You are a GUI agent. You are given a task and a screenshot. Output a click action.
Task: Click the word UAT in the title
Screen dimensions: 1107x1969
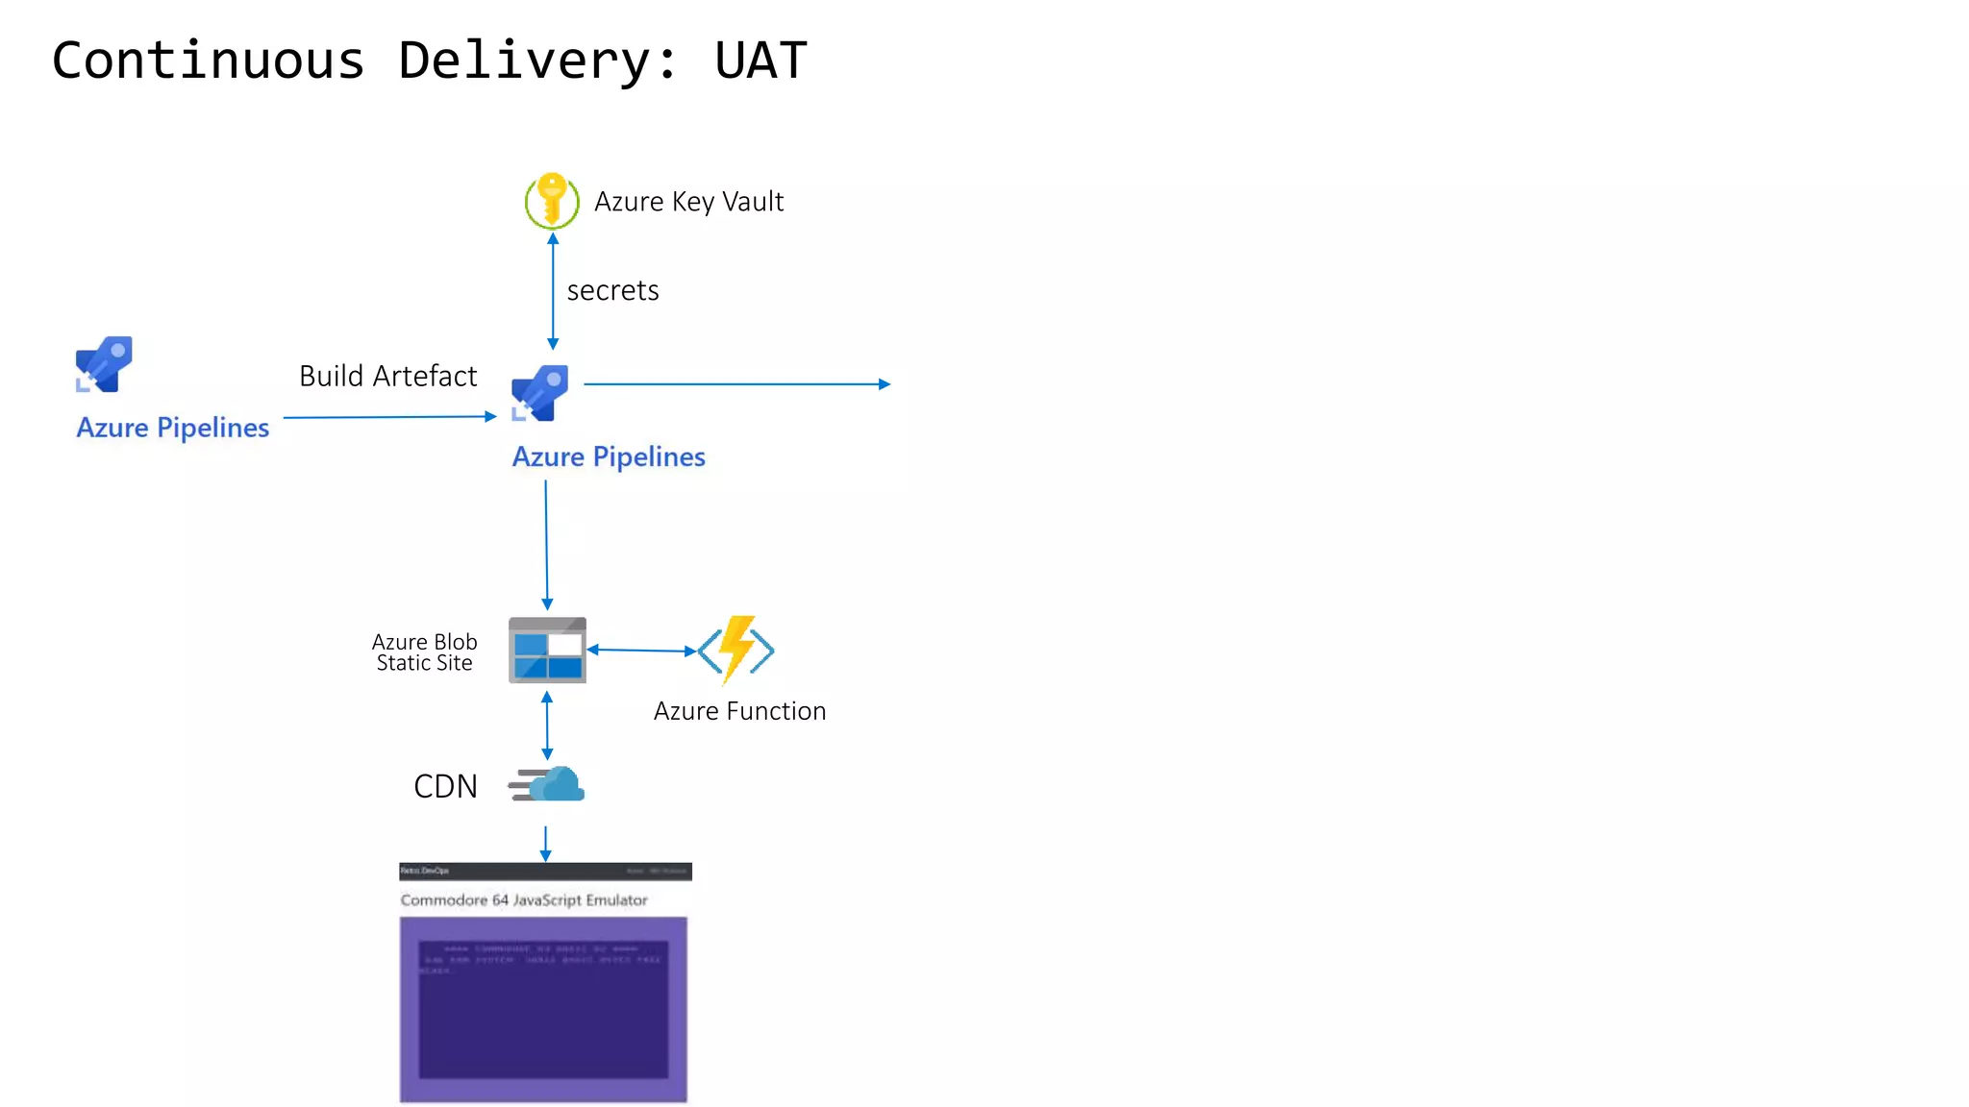click(x=760, y=61)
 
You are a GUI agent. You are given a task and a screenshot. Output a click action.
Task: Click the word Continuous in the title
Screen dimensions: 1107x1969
click(x=208, y=61)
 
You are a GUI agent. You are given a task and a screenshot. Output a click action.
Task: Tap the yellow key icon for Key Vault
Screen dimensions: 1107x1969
click(x=552, y=200)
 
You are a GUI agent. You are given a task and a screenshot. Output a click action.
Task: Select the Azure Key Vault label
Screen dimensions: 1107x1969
click(x=688, y=202)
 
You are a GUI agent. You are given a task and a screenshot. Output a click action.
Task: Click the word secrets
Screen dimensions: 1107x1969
click(x=612, y=290)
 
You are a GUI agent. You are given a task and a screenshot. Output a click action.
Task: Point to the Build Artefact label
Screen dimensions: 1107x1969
click(x=387, y=376)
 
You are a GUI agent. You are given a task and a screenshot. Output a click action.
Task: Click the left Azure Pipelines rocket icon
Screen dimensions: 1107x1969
click(x=104, y=364)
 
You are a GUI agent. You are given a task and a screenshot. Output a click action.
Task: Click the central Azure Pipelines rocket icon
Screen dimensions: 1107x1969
click(x=540, y=392)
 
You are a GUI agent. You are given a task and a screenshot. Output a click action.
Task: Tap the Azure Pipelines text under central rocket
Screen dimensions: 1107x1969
click(x=609, y=456)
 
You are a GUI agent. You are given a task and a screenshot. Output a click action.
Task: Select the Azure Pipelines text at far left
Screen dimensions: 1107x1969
click(x=173, y=428)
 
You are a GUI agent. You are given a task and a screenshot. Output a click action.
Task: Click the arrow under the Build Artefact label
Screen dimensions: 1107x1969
click(x=389, y=417)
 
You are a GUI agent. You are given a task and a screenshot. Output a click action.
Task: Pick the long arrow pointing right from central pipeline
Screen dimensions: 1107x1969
click(x=736, y=384)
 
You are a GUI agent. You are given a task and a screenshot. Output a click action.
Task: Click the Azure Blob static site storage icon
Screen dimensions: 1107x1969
click(x=547, y=651)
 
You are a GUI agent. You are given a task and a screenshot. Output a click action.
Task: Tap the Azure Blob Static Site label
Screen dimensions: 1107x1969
click(x=424, y=652)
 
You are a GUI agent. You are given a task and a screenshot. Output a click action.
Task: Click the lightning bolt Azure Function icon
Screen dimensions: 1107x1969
click(x=736, y=650)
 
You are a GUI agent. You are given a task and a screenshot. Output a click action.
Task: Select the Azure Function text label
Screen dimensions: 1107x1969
click(x=739, y=711)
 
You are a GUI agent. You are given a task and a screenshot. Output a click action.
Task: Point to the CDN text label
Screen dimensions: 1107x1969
click(x=445, y=786)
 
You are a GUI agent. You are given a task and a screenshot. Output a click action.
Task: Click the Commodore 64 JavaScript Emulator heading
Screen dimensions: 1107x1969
click(x=524, y=900)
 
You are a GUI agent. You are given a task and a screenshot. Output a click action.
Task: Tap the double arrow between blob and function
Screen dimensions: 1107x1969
click(x=641, y=651)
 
